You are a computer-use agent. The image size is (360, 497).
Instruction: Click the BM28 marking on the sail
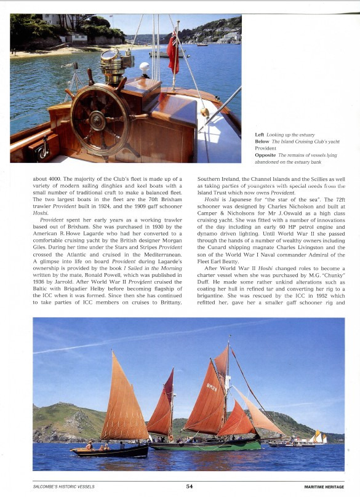coord(212,388)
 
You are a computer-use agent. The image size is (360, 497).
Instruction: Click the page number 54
coord(190,486)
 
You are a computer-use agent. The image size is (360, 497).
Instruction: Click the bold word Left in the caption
coord(260,134)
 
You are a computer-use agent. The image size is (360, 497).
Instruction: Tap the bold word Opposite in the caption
coord(265,155)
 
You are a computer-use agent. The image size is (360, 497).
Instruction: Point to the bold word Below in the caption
coord(262,141)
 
